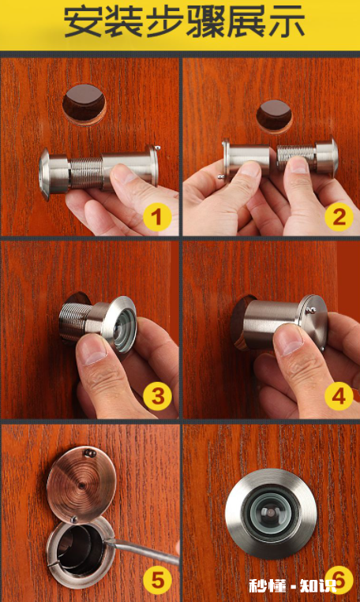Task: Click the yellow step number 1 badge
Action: tap(158, 218)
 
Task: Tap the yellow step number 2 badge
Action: tap(339, 217)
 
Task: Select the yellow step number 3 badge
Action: tap(158, 396)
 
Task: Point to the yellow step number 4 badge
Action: tap(339, 396)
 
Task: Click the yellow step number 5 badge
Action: tap(158, 580)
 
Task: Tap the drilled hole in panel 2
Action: tap(274, 116)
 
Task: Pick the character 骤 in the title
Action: tap(205, 23)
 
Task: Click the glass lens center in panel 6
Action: tap(271, 513)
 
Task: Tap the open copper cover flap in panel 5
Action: tap(81, 484)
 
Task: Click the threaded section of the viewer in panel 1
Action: tap(86, 174)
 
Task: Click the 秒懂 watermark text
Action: tap(268, 586)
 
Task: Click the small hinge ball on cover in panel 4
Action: tap(313, 310)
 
